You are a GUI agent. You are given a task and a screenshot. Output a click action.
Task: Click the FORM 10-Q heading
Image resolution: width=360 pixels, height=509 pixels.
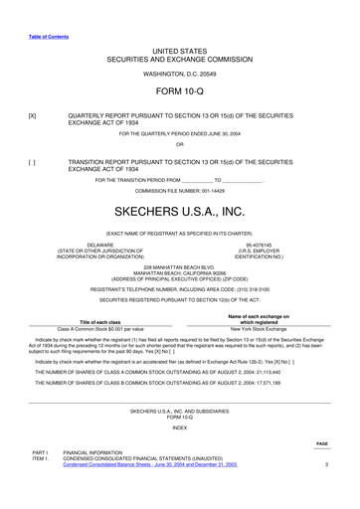pyautogui.click(x=179, y=91)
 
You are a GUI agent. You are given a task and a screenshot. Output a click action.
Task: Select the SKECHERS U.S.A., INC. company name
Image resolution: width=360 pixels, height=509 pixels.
pyautogui.click(x=179, y=213)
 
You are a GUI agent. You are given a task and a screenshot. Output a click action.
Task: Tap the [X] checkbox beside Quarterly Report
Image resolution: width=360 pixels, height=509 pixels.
pyautogui.click(x=33, y=115)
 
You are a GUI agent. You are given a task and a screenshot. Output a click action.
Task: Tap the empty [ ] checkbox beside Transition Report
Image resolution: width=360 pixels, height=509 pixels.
pyautogui.click(x=33, y=159)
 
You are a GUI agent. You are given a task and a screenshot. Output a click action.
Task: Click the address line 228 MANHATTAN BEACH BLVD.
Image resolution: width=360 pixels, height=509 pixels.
pyautogui.click(x=179, y=267)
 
